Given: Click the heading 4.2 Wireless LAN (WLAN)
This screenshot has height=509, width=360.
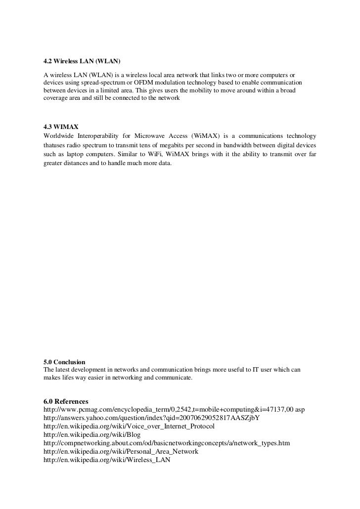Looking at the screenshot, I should pos(82,62).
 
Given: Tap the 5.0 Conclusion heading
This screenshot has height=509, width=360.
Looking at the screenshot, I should pos(64,362).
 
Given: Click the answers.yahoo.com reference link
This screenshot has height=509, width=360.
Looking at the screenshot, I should pos(152,418).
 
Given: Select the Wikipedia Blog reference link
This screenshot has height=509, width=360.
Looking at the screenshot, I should pos(92,434).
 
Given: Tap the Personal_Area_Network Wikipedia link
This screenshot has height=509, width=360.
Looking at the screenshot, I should pos(121,452).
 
